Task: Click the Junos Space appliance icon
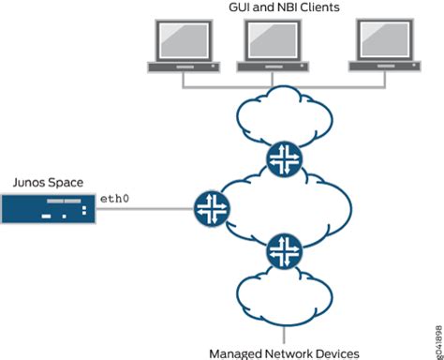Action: tap(48, 208)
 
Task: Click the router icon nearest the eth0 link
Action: tap(211, 207)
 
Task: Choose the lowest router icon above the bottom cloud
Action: tap(283, 250)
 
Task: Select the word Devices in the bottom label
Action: tap(337, 352)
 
